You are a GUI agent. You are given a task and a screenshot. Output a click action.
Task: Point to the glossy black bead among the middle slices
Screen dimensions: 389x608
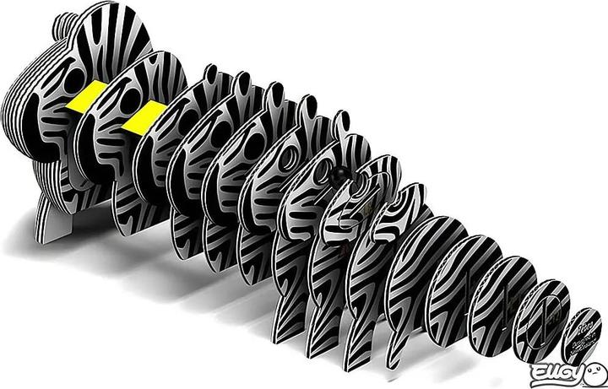pyautogui.click(x=339, y=175)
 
